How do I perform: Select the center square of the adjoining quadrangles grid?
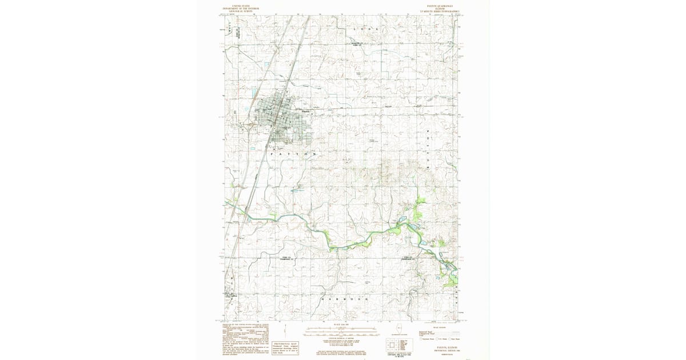click(x=392, y=345)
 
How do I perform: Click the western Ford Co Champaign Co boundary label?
click(x=288, y=259)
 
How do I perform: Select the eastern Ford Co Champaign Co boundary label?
click(x=408, y=258)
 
